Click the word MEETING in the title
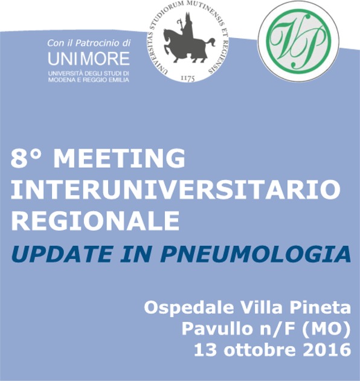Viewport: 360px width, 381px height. click(x=119, y=158)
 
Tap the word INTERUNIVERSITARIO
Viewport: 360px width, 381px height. click(x=176, y=190)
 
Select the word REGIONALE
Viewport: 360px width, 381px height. click(x=95, y=220)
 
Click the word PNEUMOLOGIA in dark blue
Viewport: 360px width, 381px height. click(x=255, y=254)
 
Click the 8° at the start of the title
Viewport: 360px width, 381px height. click(x=26, y=158)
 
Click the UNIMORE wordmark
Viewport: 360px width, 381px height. click(x=89, y=59)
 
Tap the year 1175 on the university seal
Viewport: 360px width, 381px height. click(x=188, y=78)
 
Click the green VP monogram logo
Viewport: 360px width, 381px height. click(x=298, y=41)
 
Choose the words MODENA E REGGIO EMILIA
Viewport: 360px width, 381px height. click(x=88, y=80)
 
